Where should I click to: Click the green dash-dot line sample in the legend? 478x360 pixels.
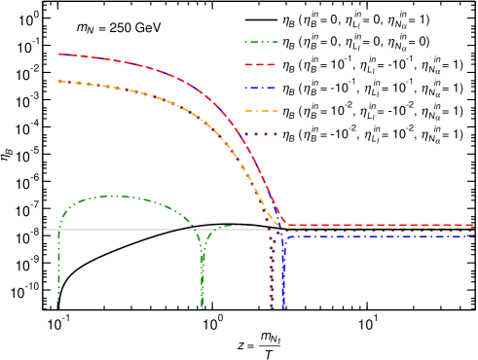tap(261, 42)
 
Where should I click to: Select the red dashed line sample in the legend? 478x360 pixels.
tap(261, 64)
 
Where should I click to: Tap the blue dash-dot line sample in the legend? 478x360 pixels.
tap(261, 88)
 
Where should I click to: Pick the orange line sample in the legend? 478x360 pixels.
tap(261, 111)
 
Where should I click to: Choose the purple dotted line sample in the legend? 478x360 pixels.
tap(261, 134)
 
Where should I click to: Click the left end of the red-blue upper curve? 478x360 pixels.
tap(58, 54)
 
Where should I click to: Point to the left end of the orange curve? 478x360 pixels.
tap(58, 82)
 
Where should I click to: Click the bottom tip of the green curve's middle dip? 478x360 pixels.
tap(202, 306)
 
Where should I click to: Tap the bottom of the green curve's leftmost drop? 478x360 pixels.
tap(58, 300)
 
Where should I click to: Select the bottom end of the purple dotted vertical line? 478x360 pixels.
tap(272, 307)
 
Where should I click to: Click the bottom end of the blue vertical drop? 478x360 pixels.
tap(283, 307)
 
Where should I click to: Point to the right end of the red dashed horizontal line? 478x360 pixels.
tap(473, 225)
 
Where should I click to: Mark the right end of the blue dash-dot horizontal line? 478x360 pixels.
tap(473, 235)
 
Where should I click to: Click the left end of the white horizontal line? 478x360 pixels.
tap(44, 230)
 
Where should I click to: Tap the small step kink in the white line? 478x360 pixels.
tap(178, 229)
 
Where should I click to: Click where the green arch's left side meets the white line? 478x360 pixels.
tap(59, 230)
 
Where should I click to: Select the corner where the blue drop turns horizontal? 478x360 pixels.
tap(285, 237)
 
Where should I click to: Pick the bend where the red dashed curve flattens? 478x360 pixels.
tap(284, 225)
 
